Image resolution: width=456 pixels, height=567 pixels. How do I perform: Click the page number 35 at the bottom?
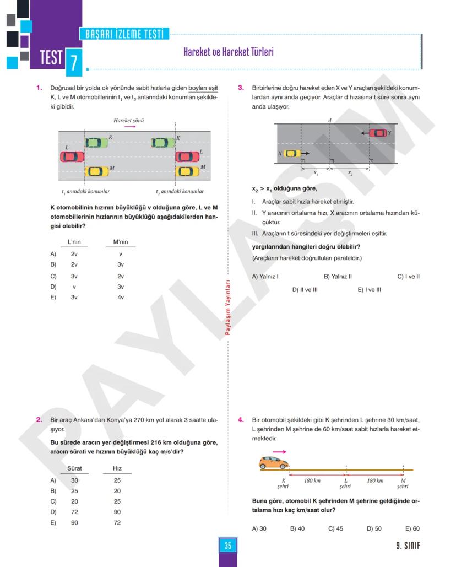click(227, 546)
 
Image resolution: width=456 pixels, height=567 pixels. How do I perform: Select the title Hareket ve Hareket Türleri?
click(228, 52)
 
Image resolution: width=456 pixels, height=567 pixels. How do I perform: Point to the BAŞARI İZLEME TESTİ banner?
click(124, 34)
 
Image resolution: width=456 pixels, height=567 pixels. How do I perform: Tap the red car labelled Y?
click(378, 133)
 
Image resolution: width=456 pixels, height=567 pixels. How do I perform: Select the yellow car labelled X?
click(292, 153)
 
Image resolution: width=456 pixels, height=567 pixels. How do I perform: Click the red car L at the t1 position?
click(72, 157)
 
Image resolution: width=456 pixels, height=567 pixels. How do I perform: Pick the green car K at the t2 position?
click(163, 143)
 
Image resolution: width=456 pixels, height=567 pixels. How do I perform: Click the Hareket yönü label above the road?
click(129, 120)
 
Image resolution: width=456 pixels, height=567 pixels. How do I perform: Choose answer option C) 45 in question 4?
click(335, 528)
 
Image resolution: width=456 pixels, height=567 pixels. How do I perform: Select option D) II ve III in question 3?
click(305, 289)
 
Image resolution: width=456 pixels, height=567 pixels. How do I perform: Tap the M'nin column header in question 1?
click(121, 242)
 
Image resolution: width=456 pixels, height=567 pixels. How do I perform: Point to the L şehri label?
click(345, 483)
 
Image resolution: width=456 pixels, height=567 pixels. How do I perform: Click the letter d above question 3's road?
click(329, 120)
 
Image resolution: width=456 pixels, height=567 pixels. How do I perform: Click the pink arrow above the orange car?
click(280, 451)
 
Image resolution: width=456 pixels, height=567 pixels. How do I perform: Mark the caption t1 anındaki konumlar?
click(85, 191)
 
